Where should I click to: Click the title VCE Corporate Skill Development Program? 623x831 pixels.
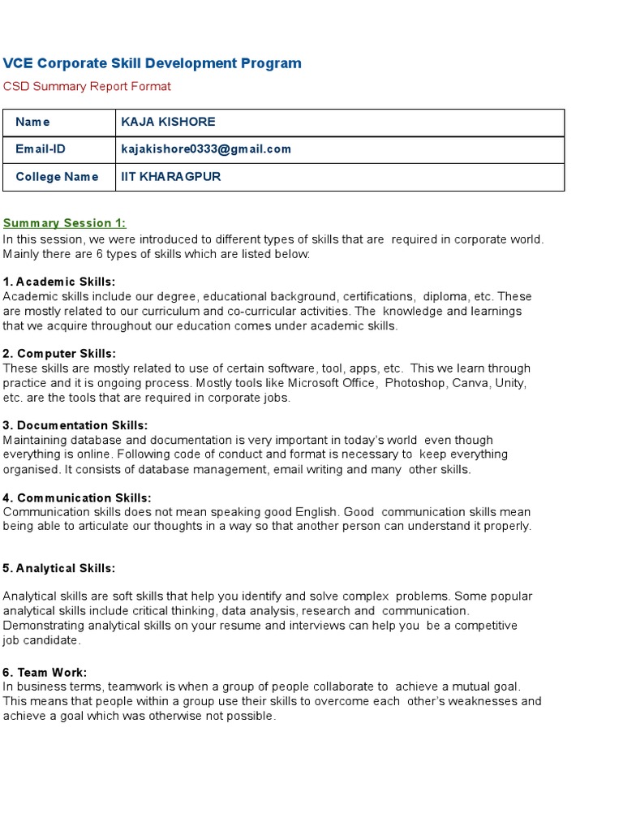pos(152,63)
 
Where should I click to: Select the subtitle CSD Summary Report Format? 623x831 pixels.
pos(87,86)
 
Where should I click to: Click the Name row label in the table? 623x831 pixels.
pos(32,122)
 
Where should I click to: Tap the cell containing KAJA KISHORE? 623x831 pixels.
pos(168,122)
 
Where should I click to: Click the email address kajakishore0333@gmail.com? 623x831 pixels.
pos(206,149)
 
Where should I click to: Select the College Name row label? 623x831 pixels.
pos(57,177)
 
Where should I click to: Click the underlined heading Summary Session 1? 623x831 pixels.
pos(64,223)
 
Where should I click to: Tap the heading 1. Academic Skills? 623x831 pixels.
pos(59,282)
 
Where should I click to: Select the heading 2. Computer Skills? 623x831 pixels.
pos(59,354)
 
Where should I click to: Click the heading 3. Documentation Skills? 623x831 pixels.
pos(75,425)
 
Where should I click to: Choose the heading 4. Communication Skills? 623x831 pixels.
pos(77,497)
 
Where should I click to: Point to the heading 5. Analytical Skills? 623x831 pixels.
pos(59,568)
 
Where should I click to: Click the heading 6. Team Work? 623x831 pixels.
pos(45,672)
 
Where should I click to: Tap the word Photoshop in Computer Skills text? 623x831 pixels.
pos(415,383)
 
